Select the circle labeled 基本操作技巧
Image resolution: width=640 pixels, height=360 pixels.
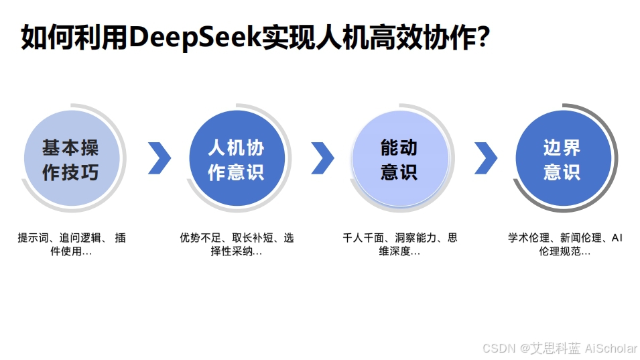[71, 159]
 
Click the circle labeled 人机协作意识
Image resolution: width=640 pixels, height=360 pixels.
[237, 159]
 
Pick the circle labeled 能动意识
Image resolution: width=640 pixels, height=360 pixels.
[399, 159]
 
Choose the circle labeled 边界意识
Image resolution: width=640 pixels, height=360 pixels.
[563, 159]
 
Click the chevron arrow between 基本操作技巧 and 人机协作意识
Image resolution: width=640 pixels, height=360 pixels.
[159, 158]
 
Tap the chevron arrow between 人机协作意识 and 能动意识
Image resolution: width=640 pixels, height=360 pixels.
[322, 158]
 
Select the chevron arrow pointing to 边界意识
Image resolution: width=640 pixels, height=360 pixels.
[486, 158]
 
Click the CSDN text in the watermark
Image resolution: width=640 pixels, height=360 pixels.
[497, 348]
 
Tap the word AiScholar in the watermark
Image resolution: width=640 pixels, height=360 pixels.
[611, 348]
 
